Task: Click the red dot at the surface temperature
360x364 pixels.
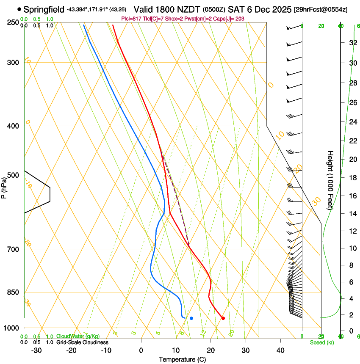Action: point(223,318)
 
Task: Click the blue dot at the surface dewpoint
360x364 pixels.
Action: point(191,318)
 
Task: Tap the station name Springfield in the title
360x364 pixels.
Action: point(44,9)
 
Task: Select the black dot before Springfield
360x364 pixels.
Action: point(19,9)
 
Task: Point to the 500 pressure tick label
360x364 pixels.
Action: point(13,175)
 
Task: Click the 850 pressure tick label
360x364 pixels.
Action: point(13,292)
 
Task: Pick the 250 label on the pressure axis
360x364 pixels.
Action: point(13,22)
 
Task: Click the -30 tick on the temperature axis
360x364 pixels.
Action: point(36,350)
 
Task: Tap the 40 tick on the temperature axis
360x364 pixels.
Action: point(280,350)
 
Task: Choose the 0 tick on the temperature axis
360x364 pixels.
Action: point(141,350)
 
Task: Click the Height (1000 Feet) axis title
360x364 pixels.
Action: point(331,180)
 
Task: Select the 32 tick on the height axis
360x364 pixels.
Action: point(352,43)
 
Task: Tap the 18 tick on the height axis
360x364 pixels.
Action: point(352,178)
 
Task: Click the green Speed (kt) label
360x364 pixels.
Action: point(321,342)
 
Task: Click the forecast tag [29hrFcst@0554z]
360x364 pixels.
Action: point(321,9)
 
